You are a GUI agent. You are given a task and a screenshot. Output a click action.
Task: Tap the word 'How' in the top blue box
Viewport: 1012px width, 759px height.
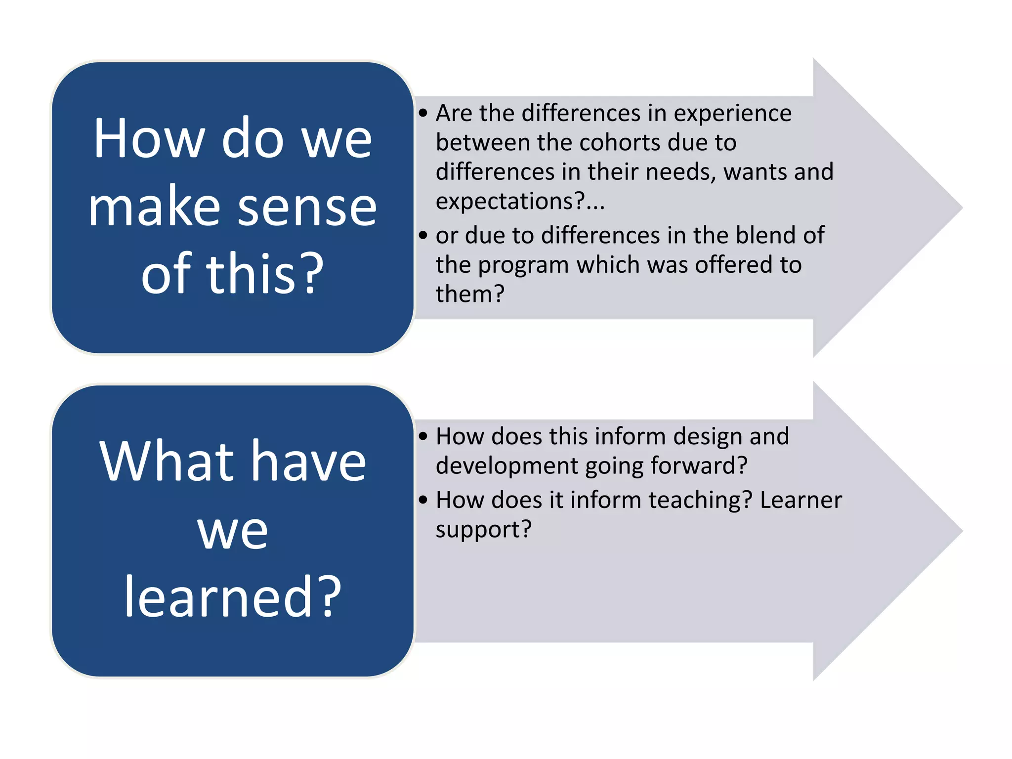click(x=149, y=139)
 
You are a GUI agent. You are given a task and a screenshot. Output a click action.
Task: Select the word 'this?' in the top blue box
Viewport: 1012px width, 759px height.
click(x=265, y=274)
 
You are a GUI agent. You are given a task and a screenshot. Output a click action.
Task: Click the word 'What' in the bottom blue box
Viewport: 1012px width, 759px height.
click(x=166, y=462)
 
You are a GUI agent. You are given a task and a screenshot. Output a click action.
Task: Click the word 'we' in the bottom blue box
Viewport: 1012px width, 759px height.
click(x=232, y=531)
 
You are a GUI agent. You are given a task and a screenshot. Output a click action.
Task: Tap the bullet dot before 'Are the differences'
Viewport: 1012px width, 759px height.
click(x=423, y=113)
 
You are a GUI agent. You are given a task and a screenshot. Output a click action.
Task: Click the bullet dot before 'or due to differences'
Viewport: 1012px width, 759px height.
click(x=423, y=235)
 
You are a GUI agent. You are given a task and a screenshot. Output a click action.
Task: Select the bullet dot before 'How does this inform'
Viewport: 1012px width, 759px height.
click(x=423, y=436)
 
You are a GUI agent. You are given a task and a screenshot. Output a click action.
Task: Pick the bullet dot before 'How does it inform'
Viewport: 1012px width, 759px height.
click(x=423, y=500)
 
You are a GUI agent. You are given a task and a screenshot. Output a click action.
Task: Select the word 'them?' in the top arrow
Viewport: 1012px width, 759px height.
click(x=469, y=294)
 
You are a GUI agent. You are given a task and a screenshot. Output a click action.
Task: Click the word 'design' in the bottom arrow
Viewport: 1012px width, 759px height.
click(x=707, y=436)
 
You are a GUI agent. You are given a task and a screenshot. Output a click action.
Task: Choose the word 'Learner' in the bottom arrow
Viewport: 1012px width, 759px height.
click(x=801, y=500)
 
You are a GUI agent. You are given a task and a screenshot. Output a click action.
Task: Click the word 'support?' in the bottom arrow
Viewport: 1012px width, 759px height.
click(x=483, y=530)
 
